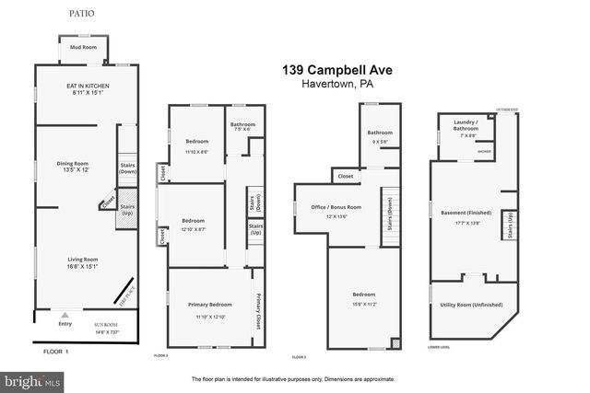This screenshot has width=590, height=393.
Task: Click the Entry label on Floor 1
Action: (x=65, y=323)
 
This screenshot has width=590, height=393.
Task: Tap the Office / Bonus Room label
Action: (x=335, y=207)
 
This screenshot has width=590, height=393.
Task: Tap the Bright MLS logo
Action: (x=32, y=379)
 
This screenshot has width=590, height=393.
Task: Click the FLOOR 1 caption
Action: (x=57, y=352)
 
